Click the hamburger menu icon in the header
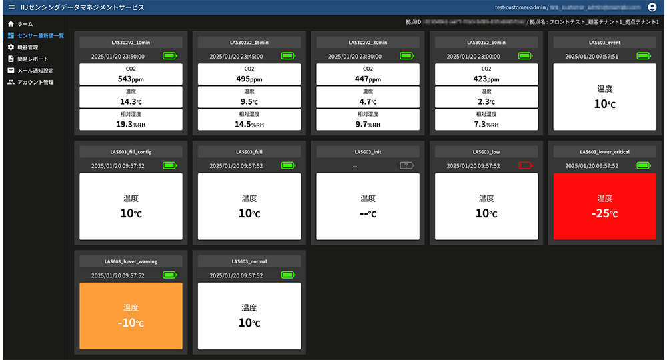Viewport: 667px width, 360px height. [x=11, y=7]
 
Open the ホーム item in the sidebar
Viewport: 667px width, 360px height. [x=25, y=24]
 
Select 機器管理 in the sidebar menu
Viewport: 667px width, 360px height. [x=27, y=47]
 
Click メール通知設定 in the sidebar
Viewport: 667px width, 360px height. [x=35, y=71]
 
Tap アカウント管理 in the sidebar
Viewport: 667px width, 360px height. [x=35, y=83]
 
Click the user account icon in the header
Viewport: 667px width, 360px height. [x=652, y=7]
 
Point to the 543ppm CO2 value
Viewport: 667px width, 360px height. [x=131, y=79]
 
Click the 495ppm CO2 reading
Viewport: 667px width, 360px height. [x=249, y=79]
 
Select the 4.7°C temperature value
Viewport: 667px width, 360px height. [x=368, y=102]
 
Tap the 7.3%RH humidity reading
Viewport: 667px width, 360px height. [x=486, y=125]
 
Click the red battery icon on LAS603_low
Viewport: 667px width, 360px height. [x=525, y=165]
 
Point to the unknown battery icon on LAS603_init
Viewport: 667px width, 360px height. [x=406, y=165]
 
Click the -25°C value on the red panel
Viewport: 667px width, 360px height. [x=604, y=214]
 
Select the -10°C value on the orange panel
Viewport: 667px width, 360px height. [x=131, y=323]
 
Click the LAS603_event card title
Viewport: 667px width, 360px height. [x=604, y=42]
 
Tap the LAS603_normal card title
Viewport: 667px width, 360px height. [x=249, y=261]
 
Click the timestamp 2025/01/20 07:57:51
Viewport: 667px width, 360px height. [x=591, y=56]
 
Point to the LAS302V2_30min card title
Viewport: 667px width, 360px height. [x=368, y=42]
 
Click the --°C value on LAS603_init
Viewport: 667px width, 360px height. [x=368, y=214]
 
